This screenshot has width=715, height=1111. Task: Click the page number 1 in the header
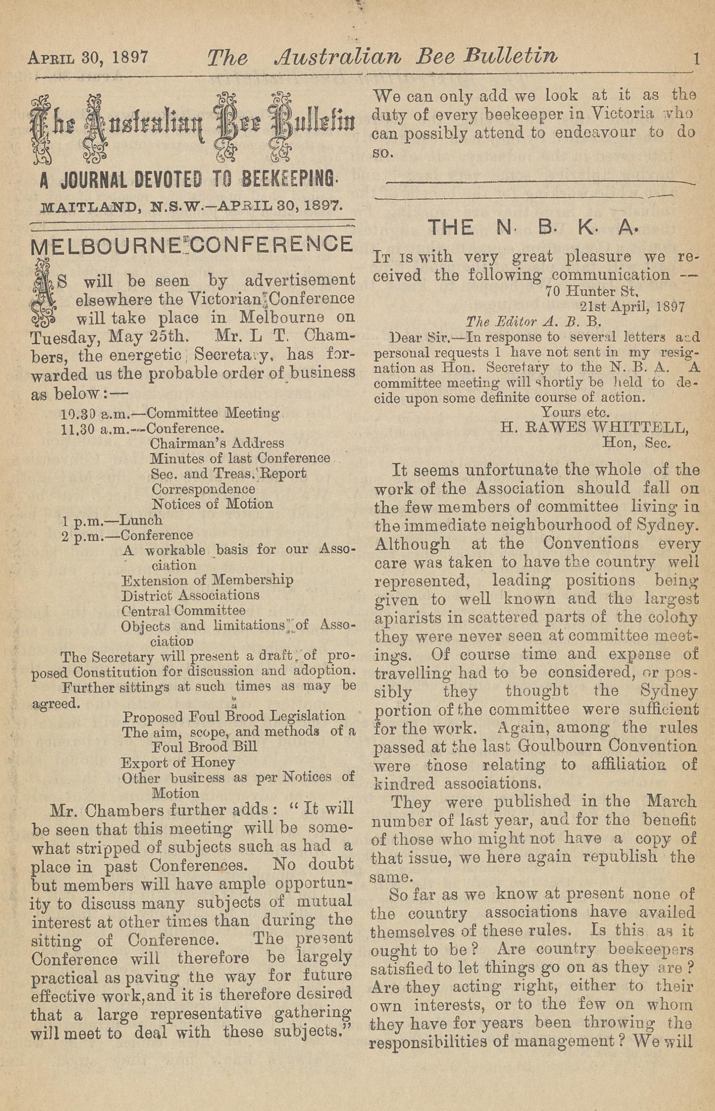tap(696, 59)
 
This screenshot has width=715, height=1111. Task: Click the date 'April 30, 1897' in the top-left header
tap(88, 57)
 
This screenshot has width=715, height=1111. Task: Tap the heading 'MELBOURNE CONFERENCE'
tap(192, 245)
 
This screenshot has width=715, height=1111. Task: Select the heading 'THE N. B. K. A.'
tap(534, 227)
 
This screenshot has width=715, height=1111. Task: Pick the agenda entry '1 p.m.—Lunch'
tap(112, 520)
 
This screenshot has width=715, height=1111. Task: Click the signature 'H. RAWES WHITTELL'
tap(594, 428)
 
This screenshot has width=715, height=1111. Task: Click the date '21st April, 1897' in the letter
tap(632, 306)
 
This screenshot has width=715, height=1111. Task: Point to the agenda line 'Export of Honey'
tap(178, 762)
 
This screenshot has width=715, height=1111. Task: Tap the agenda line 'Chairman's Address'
tap(217, 443)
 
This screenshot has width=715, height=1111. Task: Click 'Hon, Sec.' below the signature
tap(636, 443)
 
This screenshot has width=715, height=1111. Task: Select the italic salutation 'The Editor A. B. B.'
tap(533, 322)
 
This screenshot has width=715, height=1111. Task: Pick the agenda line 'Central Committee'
tap(183, 610)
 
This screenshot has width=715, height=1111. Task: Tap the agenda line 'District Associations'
tap(190, 595)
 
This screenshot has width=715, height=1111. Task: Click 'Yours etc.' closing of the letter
tap(575, 412)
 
